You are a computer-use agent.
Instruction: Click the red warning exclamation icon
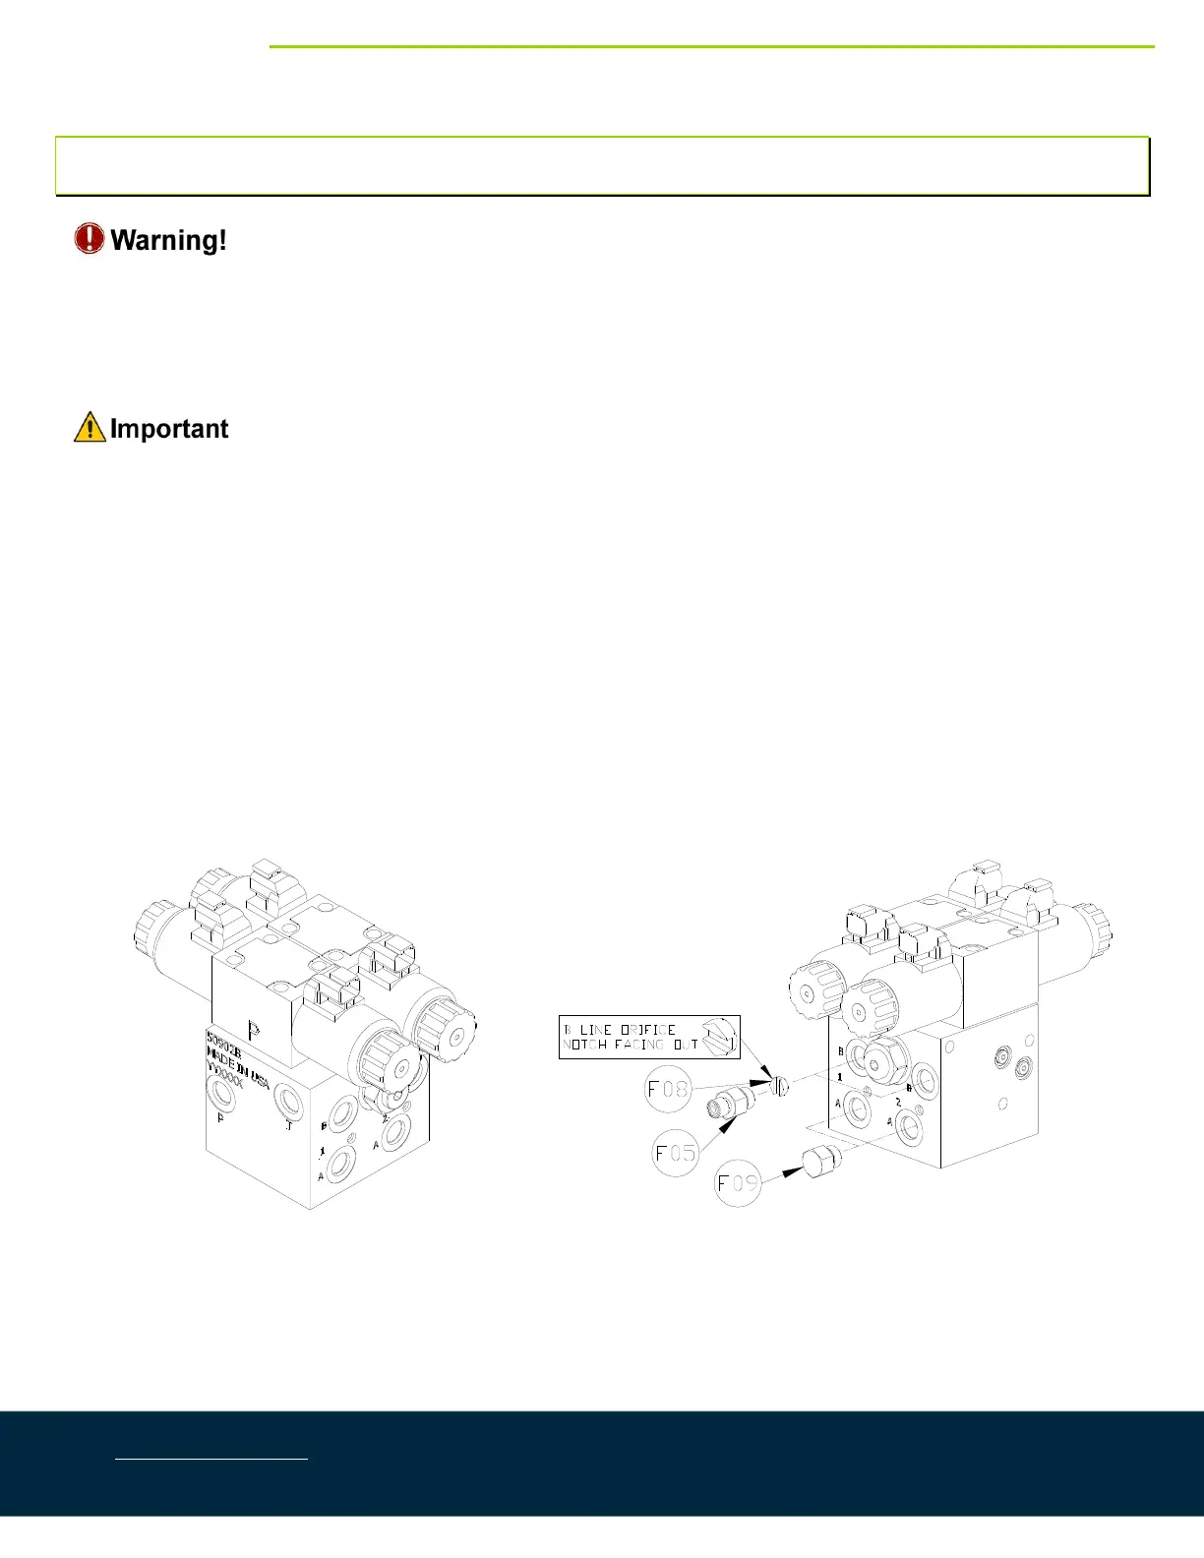[89, 239]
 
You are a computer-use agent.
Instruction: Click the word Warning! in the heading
[168, 240]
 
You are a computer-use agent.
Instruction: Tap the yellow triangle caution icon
[90, 428]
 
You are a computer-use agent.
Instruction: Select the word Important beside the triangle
[169, 429]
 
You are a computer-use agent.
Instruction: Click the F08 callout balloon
[668, 1090]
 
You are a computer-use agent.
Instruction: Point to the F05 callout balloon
[676, 1151]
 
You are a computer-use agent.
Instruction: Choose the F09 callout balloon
[739, 1183]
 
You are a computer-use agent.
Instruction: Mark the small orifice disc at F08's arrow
[781, 1086]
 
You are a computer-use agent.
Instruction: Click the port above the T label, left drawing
[289, 1099]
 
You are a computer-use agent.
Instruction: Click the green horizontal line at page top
[711, 46]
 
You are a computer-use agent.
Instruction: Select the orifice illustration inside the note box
[720, 1038]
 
